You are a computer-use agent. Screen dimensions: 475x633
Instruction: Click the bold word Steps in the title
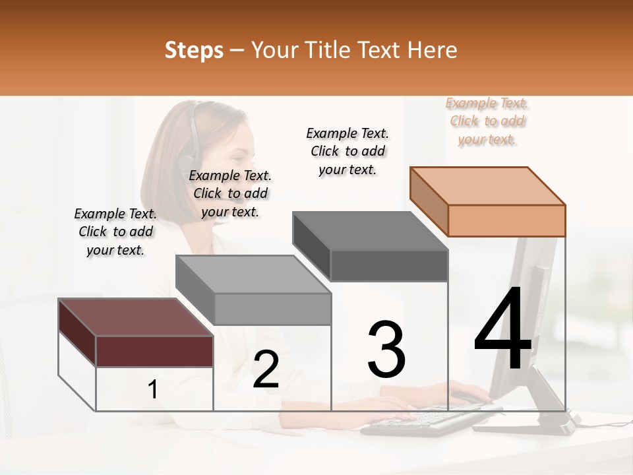pyautogui.click(x=194, y=50)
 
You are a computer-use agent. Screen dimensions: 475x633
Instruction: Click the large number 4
pyautogui.click(x=502, y=329)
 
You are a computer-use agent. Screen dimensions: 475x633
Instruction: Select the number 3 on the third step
pyautogui.click(x=386, y=349)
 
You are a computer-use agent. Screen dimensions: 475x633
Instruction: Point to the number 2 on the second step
pyautogui.click(x=266, y=369)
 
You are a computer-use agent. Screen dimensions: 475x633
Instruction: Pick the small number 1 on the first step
pyautogui.click(x=153, y=390)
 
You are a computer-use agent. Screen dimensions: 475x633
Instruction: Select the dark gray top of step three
pyautogui.click(x=369, y=231)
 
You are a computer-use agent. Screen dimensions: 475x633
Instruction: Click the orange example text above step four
pyautogui.click(x=487, y=121)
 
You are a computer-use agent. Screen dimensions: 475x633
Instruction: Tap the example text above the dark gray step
pyautogui.click(x=347, y=151)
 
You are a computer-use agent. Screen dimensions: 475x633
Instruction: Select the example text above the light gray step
pyautogui.click(x=230, y=193)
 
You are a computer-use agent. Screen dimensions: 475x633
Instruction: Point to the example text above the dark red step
pyautogui.click(x=115, y=232)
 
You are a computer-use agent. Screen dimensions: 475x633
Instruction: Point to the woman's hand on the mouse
pyautogui.click(x=468, y=393)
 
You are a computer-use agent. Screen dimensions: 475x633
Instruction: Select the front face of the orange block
pyautogui.click(x=506, y=220)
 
